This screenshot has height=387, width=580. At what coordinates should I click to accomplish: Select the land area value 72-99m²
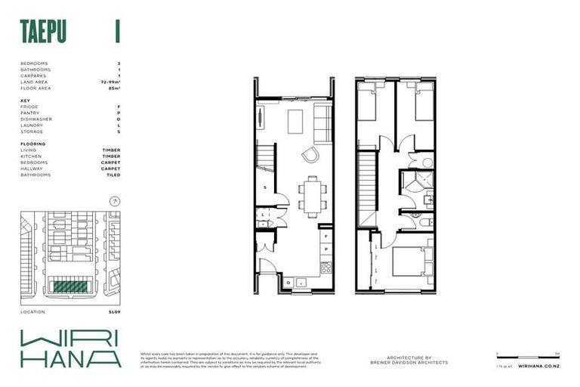click(110, 82)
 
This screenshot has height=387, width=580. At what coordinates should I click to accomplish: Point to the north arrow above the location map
click(115, 201)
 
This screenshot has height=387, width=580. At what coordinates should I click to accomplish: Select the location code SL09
click(114, 311)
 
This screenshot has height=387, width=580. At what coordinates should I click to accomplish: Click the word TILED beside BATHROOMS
click(113, 175)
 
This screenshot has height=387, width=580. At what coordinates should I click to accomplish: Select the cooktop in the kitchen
click(326, 267)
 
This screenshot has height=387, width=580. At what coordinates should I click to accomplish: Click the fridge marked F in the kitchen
click(325, 237)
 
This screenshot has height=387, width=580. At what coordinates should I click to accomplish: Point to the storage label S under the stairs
click(265, 187)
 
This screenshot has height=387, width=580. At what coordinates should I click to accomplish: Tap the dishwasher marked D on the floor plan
click(289, 283)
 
